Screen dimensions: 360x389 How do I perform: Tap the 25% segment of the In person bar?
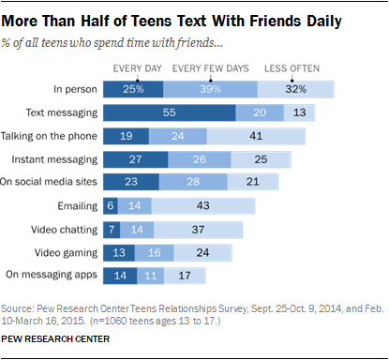(132, 89)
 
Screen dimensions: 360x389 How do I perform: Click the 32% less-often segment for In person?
(296, 89)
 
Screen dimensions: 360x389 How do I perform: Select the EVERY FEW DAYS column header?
(211, 67)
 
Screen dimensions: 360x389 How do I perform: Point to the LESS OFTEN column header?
(293, 67)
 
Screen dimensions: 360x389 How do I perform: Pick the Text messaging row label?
(63, 112)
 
